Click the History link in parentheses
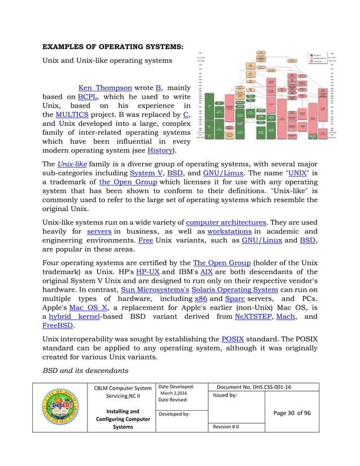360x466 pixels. coord(161,151)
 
